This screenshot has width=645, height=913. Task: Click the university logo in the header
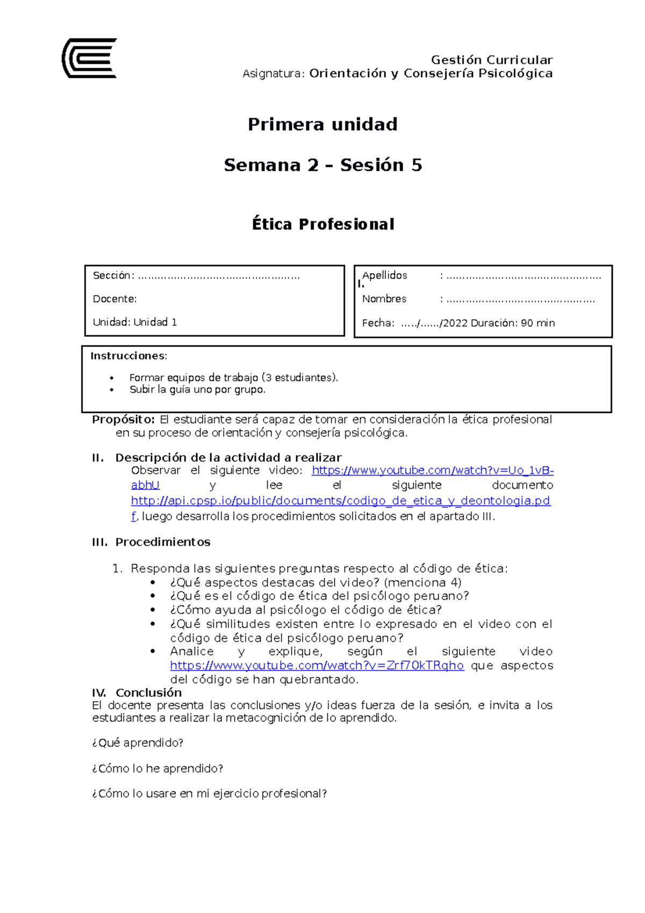(89, 58)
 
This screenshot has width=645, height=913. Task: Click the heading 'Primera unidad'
(322, 124)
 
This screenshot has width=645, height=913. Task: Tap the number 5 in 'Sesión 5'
(417, 165)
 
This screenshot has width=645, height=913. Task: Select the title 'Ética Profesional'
(322, 224)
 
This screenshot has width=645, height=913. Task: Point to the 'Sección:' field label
(113, 276)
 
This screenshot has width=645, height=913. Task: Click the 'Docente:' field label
(114, 298)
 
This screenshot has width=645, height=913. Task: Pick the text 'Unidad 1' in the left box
(155, 322)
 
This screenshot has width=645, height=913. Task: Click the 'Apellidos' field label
(384, 275)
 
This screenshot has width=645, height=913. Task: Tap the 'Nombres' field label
(384, 298)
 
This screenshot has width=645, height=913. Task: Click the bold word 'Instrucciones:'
(128, 356)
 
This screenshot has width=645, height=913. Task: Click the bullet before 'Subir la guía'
(112, 390)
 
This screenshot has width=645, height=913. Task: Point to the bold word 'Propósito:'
(124, 419)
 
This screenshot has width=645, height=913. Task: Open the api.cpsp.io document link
(340, 501)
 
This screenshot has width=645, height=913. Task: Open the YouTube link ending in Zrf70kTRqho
(317, 666)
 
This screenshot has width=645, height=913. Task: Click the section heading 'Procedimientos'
(162, 542)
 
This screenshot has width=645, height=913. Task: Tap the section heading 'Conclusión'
(148, 693)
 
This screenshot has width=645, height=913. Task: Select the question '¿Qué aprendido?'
(138, 743)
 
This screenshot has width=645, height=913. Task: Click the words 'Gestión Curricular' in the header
(491, 60)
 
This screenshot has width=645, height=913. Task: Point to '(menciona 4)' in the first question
(422, 582)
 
